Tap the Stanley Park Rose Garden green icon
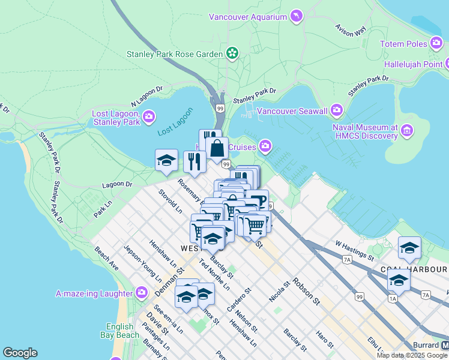click(x=232, y=54)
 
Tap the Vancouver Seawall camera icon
click(x=336, y=110)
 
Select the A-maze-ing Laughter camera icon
click(x=142, y=293)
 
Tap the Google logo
click(x=20, y=353)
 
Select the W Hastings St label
click(x=355, y=251)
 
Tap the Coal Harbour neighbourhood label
click(x=414, y=269)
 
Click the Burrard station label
click(x=426, y=346)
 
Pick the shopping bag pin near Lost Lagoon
click(x=217, y=147)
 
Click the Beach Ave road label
click(x=106, y=260)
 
